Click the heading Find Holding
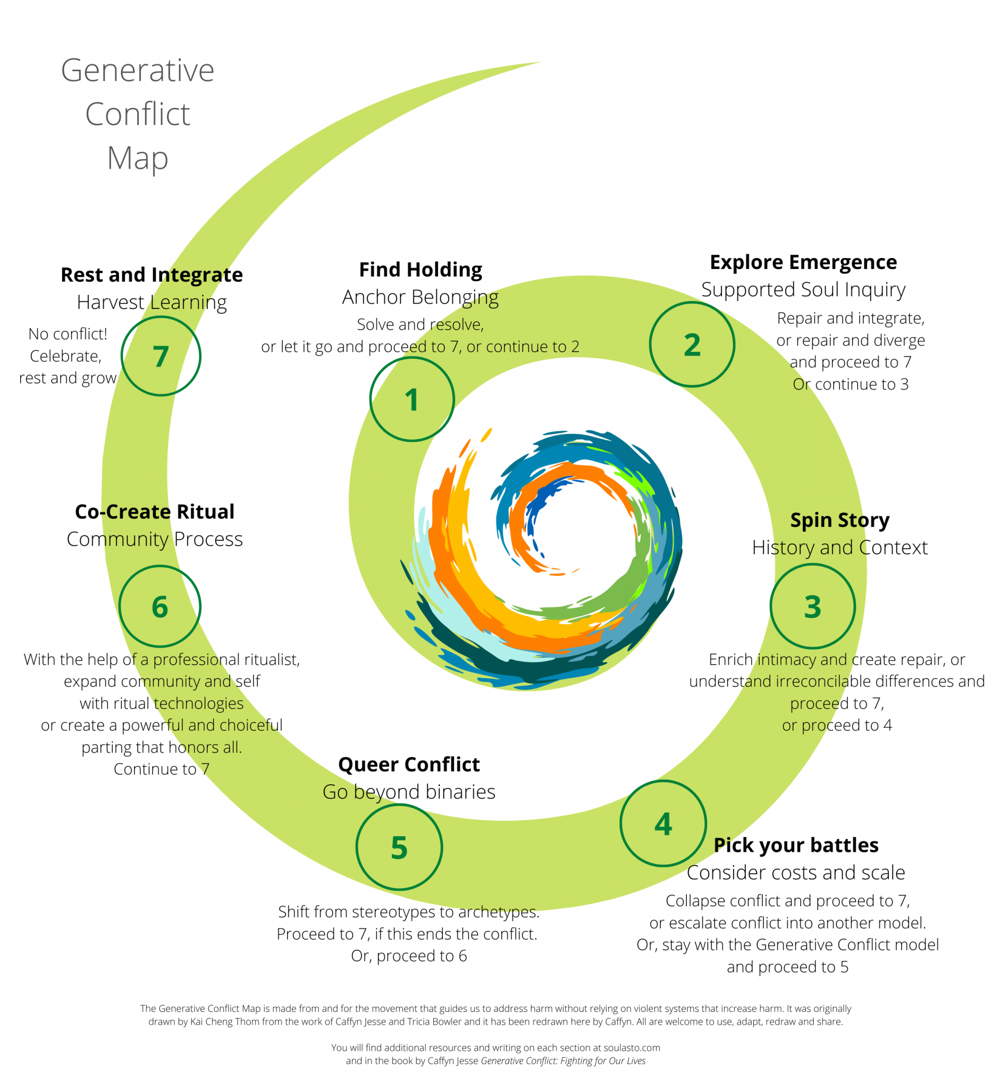[x=421, y=270]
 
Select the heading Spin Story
[x=840, y=520]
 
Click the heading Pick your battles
[x=796, y=845]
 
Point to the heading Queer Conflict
[x=409, y=764]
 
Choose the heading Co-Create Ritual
[x=155, y=512]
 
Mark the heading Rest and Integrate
[x=152, y=275]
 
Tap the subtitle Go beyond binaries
[x=409, y=792]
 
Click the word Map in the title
[x=138, y=158]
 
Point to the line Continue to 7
[x=161, y=768]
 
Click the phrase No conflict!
[x=68, y=334]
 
